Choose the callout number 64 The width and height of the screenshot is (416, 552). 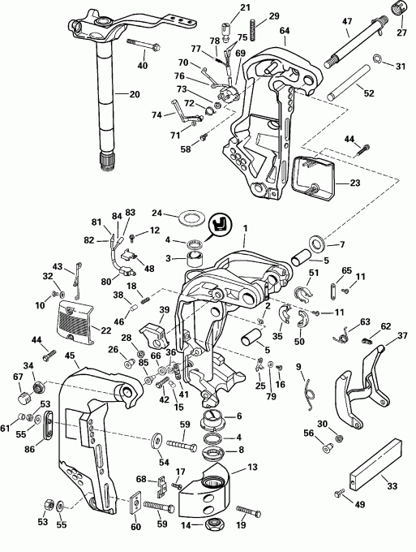(284, 31)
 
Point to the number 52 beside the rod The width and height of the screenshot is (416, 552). (369, 93)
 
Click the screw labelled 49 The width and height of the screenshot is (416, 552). (339, 491)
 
